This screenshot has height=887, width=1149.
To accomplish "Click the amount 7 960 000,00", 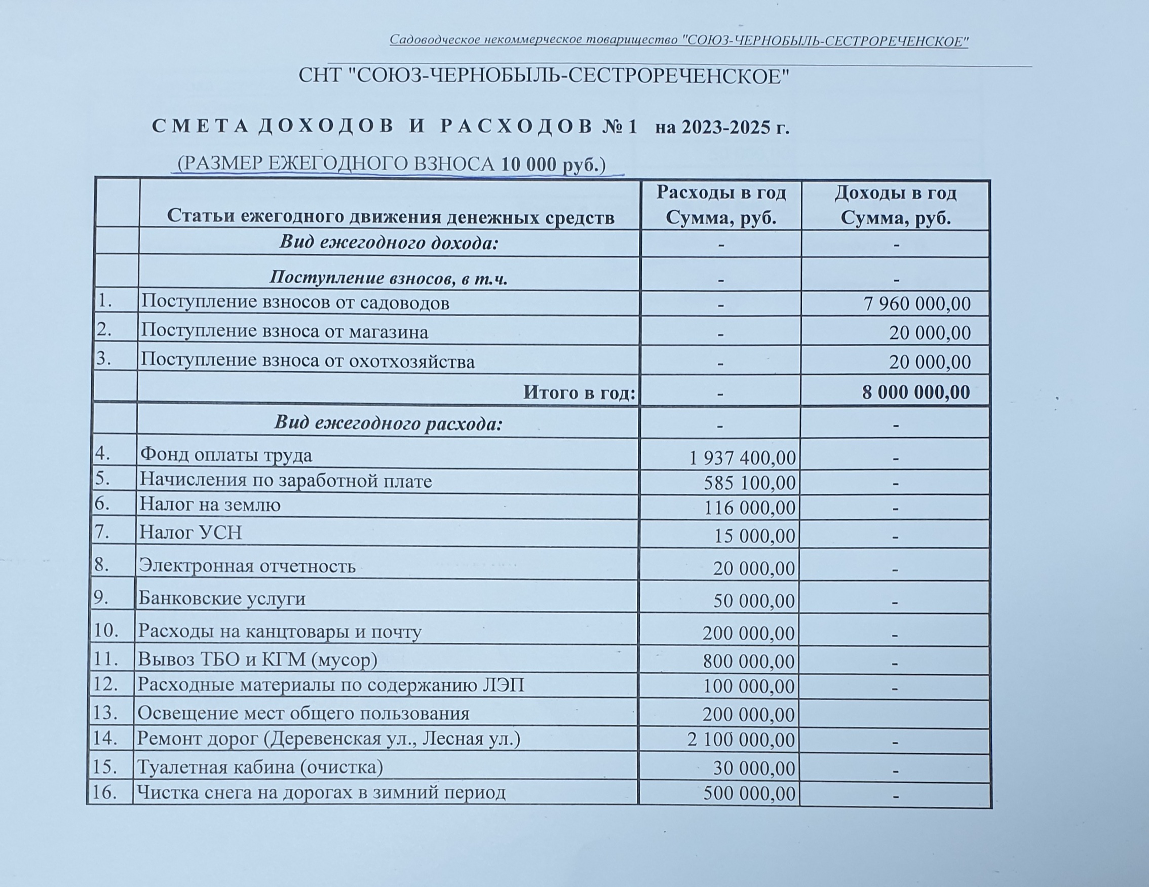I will (x=917, y=304).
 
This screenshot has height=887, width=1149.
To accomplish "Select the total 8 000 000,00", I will (x=915, y=393).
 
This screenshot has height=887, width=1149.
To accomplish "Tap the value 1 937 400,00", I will (x=742, y=458).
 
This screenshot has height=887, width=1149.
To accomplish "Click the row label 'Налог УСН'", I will (x=190, y=533).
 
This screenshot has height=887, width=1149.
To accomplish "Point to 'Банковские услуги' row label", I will (x=221, y=598).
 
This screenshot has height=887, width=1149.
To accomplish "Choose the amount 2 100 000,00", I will (x=741, y=740).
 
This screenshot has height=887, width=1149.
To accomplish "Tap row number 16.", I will (x=104, y=792).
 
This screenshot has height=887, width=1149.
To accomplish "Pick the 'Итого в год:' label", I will (x=579, y=393).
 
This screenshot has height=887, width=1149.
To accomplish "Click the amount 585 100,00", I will (x=750, y=483).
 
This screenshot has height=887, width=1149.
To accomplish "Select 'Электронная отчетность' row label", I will (x=247, y=566).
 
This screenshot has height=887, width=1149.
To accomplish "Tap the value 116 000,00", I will (x=750, y=508).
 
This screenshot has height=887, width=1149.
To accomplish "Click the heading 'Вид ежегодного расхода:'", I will (x=388, y=423).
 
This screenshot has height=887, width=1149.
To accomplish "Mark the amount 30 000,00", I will (x=754, y=768).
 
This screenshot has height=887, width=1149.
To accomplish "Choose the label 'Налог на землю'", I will (x=209, y=505).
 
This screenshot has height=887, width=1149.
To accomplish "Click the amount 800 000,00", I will (x=749, y=661).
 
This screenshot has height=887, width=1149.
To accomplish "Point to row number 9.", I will (x=101, y=598).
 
